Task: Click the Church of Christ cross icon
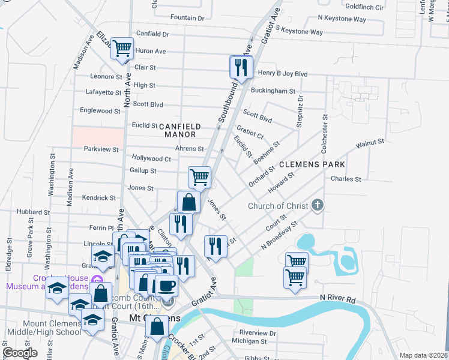pyautogui.click(x=318, y=206)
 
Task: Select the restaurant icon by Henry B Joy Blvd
pyautogui.click(x=241, y=67)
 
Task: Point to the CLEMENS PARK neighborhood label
pyautogui.click(x=311, y=164)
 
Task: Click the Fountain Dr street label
pyautogui.click(x=187, y=18)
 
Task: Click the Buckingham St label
pyautogui.click(x=273, y=91)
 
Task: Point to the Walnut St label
pyautogui.click(x=370, y=144)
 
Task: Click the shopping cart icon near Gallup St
pyautogui.click(x=199, y=176)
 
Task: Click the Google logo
pyautogui.click(x=20, y=353)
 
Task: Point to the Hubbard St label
pyautogui.click(x=33, y=212)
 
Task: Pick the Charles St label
pyautogui.click(x=346, y=179)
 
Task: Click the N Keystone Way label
pyautogui.click(x=342, y=19)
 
